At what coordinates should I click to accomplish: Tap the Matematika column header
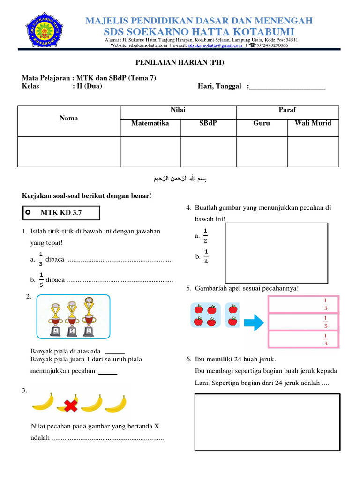pyautogui.click(x=150, y=123)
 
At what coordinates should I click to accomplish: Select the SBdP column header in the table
pyautogui.click(x=208, y=123)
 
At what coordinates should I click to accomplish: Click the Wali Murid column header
pyautogui.click(x=313, y=123)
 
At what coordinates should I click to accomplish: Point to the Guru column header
pyautogui.click(x=261, y=123)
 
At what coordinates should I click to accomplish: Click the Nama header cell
pyautogui.click(x=69, y=118)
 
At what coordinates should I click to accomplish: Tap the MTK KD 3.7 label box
pyautogui.click(x=61, y=213)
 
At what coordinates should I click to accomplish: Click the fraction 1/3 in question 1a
pyautogui.click(x=41, y=259)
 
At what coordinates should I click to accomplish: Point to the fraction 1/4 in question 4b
pyautogui.click(x=206, y=257)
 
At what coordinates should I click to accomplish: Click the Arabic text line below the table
pyautogui.click(x=180, y=180)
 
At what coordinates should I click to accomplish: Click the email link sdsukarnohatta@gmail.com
pyautogui.click(x=215, y=46)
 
